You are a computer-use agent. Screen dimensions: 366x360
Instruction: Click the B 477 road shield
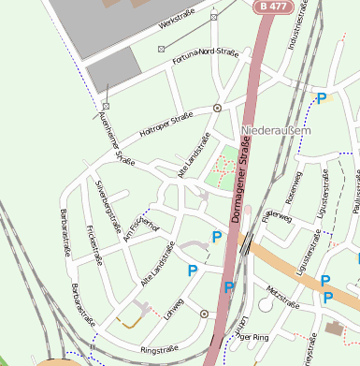coord(270,7)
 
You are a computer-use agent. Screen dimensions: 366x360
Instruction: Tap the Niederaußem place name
coord(275,131)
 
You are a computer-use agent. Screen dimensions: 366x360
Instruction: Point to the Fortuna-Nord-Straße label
coord(206,58)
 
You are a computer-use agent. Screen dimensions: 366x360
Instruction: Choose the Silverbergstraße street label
coord(108,207)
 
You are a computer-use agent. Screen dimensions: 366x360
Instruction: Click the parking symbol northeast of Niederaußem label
coord(322,98)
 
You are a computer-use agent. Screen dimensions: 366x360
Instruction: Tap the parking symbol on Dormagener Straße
coord(228,287)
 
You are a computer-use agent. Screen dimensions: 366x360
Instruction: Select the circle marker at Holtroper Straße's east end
coord(217,108)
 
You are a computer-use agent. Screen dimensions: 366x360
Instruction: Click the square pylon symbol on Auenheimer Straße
coord(106,91)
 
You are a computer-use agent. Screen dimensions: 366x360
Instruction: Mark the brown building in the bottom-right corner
coord(335,329)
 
